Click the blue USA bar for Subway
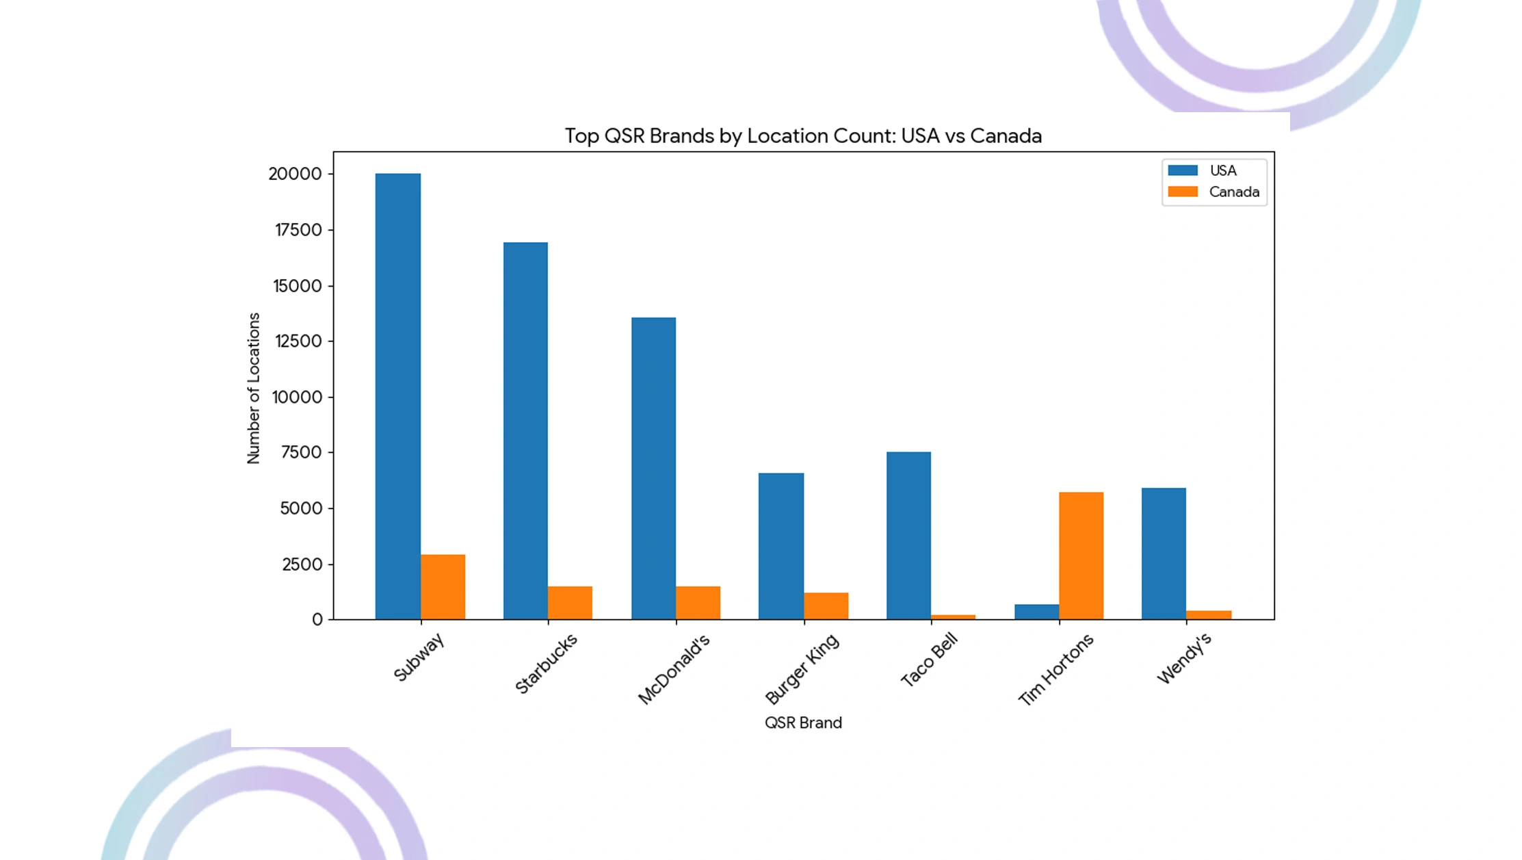point(397,397)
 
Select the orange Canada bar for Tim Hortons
point(1081,556)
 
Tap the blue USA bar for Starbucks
point(525,431)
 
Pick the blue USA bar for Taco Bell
point(908,536)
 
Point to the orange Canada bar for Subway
point(443,587)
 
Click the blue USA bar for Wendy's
point(1164,553)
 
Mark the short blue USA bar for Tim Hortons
point(1036,612)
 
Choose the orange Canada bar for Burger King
point(826,606)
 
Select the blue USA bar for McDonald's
point(653,469)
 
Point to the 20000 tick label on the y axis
point(295,174)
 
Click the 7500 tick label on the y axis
point(301,452)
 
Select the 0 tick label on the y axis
point(317,620)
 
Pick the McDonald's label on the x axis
point(674,668)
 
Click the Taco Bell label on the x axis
point(929,660)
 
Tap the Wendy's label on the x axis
point(1184,658)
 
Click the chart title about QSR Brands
point(803,135)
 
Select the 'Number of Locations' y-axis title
point(254,388)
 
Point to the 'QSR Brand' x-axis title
point(803,722)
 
